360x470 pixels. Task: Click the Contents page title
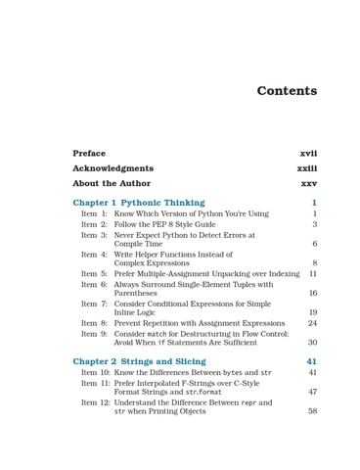click(287, 91)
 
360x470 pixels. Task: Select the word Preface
click(89, 154)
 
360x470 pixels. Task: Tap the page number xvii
click(308, 154)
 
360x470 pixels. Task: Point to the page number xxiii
click(306, 168)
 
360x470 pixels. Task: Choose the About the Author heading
click(112, 183)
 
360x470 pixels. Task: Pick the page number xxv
click(308, 183)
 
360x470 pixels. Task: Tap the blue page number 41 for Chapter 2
click(311, 361)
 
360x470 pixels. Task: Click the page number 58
click(312, 412)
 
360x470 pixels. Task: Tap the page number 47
click(312, 392)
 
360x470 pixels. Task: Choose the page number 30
click(312, 343)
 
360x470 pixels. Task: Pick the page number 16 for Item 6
click(312, 293)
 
